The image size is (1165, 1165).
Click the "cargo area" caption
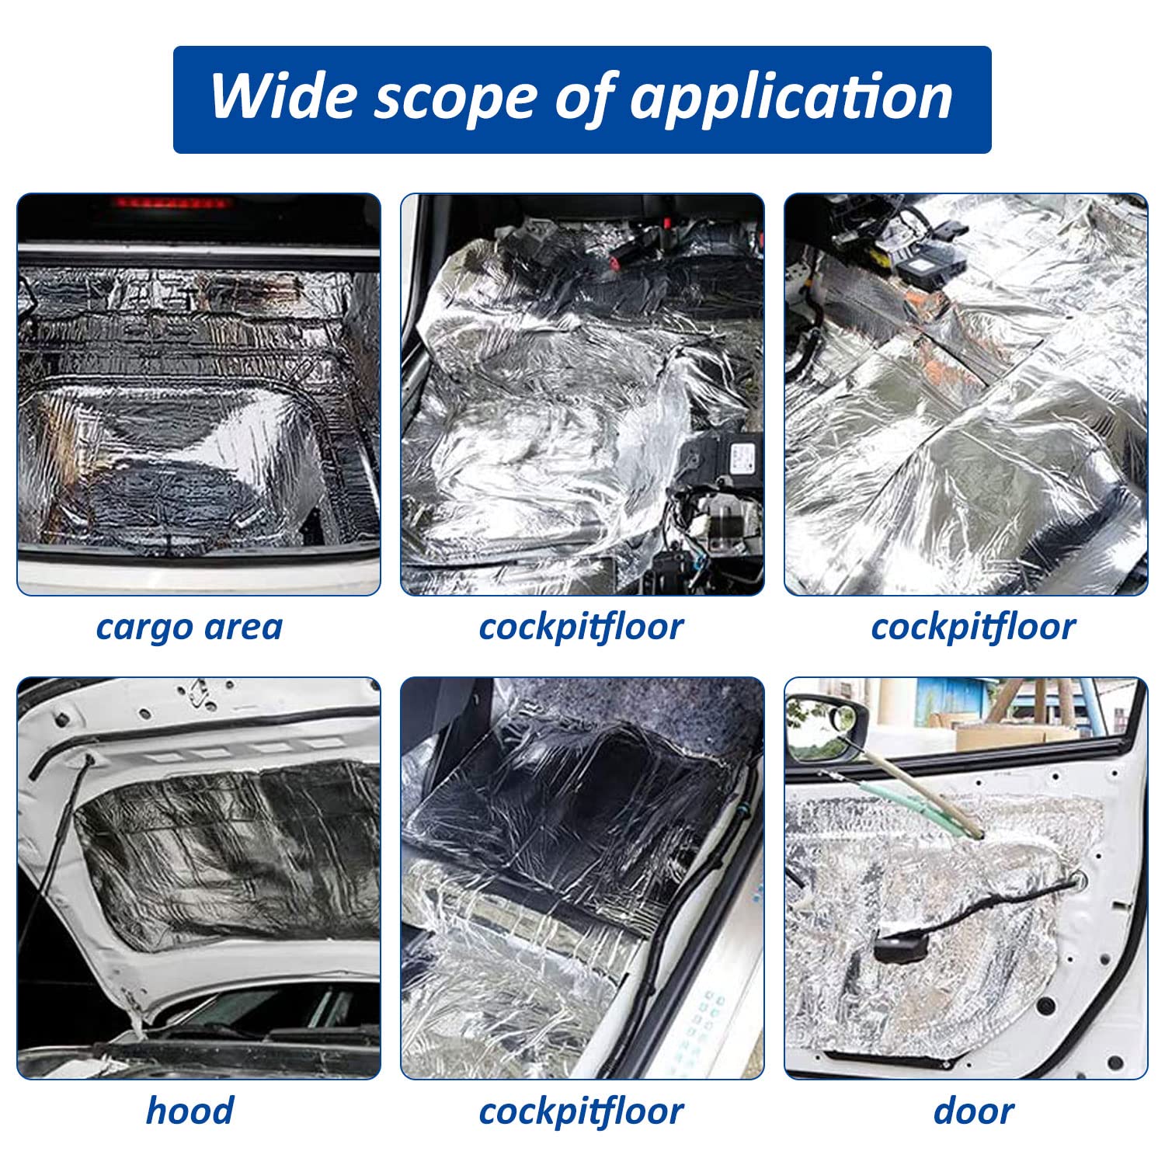[x=189, y=627]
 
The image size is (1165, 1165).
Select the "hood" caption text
[x=189, y=1111]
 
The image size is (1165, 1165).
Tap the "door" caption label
[x=973, y=1111]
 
